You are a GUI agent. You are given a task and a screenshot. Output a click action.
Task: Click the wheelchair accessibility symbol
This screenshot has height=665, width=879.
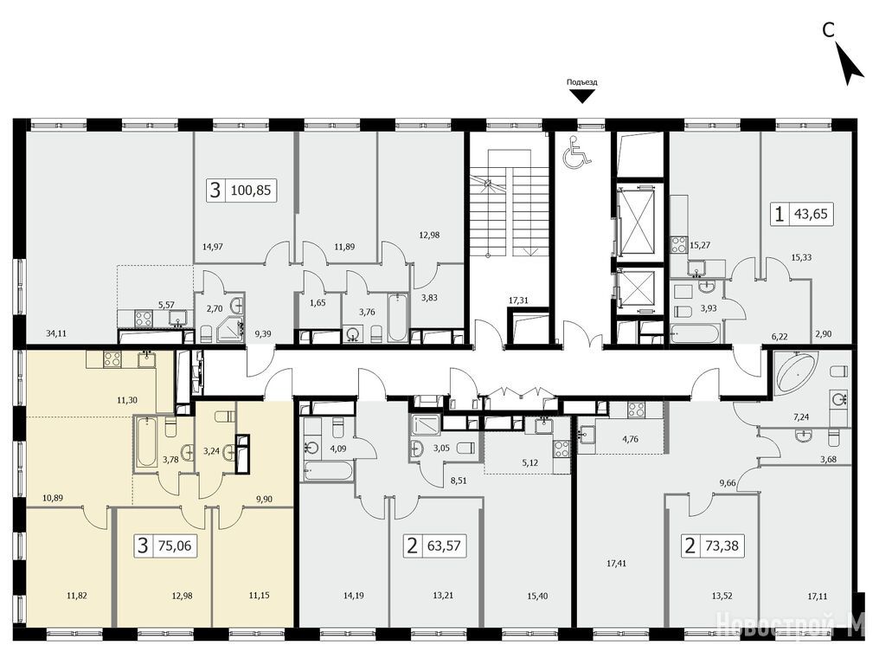point(578,152)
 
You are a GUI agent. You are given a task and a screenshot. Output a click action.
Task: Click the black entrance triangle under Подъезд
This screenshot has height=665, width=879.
point(582,97)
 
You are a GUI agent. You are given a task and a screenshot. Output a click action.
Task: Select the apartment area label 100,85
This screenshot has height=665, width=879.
point(250,190)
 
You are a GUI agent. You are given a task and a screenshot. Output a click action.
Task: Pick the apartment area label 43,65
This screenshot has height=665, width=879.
point(811,214)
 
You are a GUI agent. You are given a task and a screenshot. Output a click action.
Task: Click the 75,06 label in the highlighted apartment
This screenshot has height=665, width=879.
point(176,545)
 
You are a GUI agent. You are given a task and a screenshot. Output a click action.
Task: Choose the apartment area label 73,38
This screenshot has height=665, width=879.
point(722,545)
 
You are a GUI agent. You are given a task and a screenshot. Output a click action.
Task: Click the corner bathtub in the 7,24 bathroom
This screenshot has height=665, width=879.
point(795,371)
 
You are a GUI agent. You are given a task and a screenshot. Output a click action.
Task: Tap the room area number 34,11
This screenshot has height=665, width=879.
point(56,333)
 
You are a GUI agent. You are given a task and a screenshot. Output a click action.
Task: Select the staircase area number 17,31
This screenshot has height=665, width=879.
point(518,300)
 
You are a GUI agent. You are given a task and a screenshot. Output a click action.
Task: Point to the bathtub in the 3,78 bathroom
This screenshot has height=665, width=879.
point(146,442)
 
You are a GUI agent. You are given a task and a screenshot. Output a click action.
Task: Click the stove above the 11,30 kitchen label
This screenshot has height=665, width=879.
point(112,358)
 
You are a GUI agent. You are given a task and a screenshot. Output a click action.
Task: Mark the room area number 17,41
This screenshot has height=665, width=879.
point(615,563)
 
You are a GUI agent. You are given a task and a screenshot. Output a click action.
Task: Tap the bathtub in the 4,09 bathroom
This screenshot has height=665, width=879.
point(329,471)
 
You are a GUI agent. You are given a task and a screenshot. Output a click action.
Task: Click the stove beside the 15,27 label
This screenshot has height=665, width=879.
point(680,245)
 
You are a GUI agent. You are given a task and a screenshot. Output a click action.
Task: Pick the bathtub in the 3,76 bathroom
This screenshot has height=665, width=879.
point(397,317)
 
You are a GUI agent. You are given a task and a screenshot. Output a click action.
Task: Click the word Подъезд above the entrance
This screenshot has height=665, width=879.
point(582,82)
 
